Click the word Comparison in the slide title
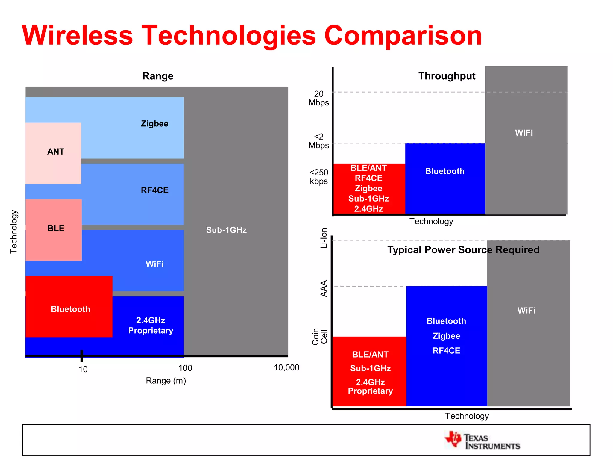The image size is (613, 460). point(403,36)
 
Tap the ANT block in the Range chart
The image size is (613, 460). point(53,153)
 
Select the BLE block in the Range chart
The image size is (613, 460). point(54,229)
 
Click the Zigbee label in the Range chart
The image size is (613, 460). point(154,124)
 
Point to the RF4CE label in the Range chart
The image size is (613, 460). point(154,190)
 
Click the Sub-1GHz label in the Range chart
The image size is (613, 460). point(226,230)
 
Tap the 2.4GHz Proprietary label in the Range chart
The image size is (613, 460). point(151,326)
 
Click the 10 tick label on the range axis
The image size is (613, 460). point(83,369)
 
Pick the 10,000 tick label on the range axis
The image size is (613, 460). point(286,367)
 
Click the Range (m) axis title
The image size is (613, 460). point(166,381)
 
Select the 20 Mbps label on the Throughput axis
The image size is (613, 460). point(318,98)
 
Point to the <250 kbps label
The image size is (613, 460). point(318,177)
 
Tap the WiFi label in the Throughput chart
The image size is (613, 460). point(524,133)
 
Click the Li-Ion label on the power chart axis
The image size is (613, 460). point(324,238)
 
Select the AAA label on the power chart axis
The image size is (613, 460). point(324,288)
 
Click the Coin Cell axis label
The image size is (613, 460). point(320,336)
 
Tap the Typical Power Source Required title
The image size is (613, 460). point(463,250)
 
